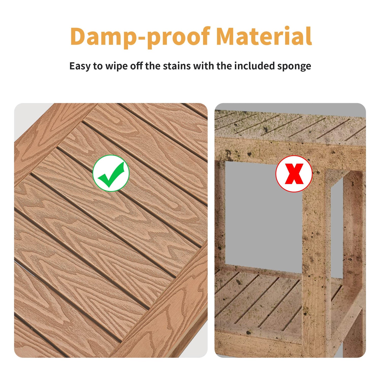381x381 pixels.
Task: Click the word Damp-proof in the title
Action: [140, 37]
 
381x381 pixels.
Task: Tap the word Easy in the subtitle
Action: [80, 66]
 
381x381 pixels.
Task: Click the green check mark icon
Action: [111, 173]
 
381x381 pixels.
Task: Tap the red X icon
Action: [294, 174]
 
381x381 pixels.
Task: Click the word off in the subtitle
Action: [137, 66]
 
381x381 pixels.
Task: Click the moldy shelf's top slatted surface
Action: [290, 127]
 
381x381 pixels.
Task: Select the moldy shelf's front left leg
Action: [220, 216]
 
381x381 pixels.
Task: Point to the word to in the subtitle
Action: [98, 66]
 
